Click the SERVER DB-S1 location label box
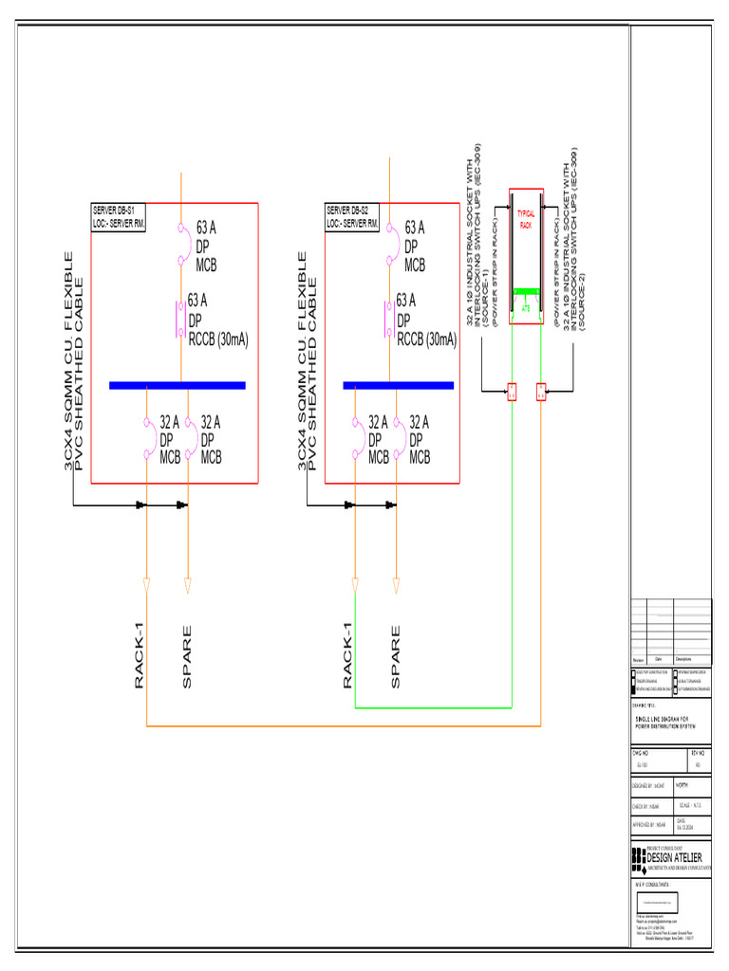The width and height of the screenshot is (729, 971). point(119,216)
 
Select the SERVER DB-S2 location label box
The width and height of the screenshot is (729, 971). point(353,216)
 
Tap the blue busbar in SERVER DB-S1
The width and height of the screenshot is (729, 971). point(178,385)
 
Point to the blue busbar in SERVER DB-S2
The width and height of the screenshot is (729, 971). point(411,385)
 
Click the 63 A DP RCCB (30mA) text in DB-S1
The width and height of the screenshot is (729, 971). point(216,321)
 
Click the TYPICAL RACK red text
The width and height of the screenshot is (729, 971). point(525,220)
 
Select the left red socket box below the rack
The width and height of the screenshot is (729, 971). point(511,391)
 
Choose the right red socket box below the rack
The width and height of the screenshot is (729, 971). point(541,391)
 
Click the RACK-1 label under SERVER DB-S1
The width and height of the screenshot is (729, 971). point(140,655)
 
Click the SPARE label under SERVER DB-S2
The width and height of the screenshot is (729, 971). point(396,655)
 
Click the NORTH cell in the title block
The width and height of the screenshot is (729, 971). point(682,785)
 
